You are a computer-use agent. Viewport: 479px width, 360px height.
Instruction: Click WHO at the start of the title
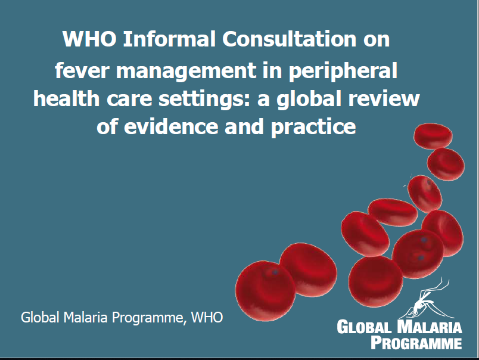[x=85, y=39]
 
